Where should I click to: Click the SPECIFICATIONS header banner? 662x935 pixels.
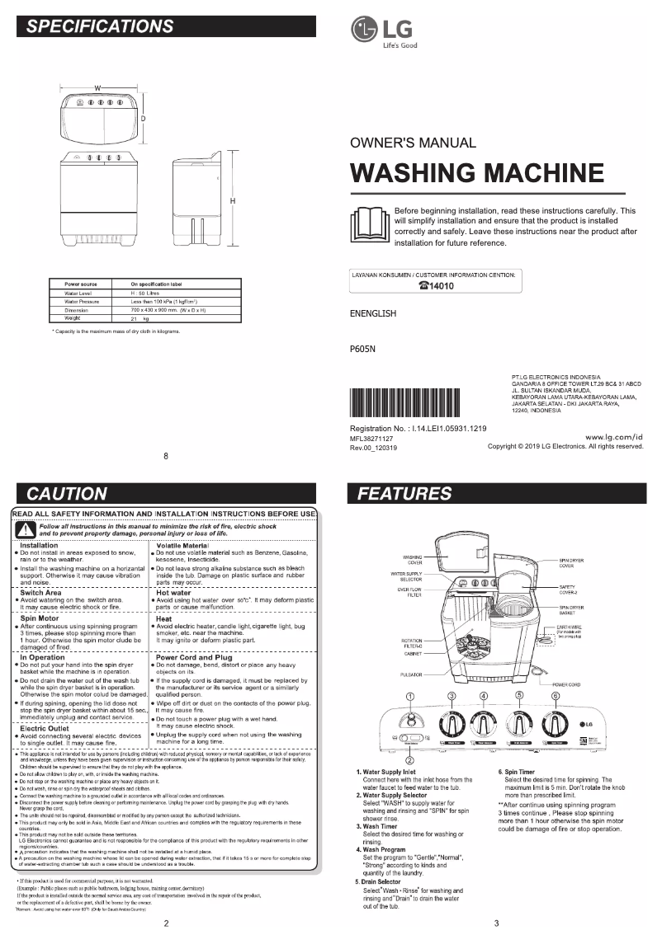point(166,26)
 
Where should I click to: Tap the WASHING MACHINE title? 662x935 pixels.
point(476,173)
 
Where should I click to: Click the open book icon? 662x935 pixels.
point(369,224)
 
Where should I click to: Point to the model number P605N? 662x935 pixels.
point(362,349)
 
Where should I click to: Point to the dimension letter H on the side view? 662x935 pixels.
point(233,201)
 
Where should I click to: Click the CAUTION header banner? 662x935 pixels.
point(166,494)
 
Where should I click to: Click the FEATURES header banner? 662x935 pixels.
point(495,494)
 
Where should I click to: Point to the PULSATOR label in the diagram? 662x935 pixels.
point(412,674)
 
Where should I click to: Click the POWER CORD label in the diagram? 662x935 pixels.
point(568,684)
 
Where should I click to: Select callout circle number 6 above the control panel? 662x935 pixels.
point(555,696)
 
